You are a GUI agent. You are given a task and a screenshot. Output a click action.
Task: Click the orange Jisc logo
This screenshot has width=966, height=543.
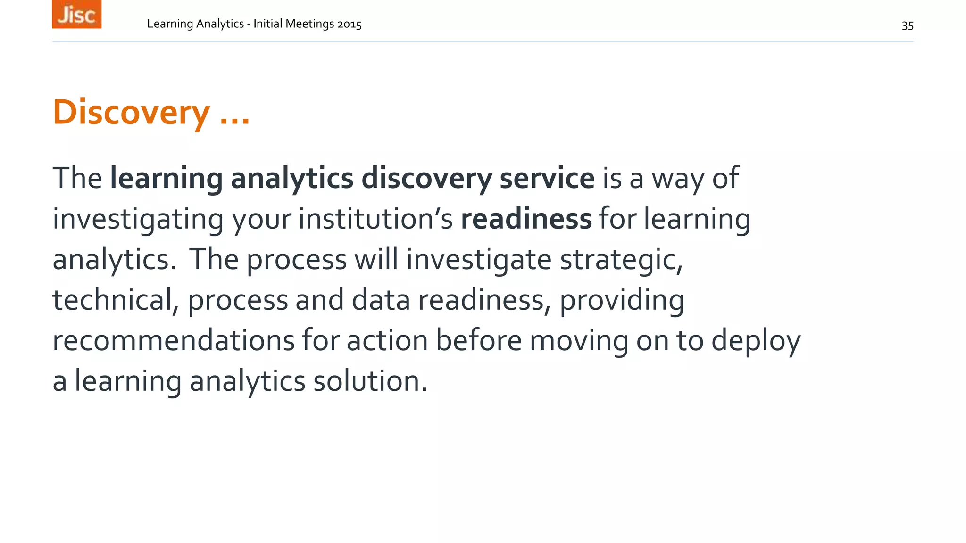(x=76, y=14)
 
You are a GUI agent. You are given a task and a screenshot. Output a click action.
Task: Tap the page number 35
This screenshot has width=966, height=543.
(x=908, y=26)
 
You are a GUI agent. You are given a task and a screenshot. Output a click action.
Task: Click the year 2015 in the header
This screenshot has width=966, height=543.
(x=349, y=24)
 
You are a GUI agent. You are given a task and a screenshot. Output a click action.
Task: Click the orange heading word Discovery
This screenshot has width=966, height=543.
(x=131, y=113)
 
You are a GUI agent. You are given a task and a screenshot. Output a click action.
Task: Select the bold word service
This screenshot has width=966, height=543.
(x=547, y=178)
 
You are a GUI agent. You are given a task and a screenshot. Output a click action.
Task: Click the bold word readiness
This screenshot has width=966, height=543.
(x=526, y=219)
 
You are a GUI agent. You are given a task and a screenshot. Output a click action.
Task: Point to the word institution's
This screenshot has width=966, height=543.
(x=375, y=219)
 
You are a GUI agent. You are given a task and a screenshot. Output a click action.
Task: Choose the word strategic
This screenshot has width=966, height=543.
(x=621, y=260)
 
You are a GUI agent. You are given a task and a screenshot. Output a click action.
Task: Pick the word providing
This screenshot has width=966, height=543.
(x=622, y=301)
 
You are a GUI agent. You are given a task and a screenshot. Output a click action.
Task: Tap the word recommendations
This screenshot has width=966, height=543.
(x=173, y=340)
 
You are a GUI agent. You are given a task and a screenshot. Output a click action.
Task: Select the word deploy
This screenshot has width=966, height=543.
(x=756, y=341)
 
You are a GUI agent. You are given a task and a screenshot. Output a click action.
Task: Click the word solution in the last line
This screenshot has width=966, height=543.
(x=370, y=381)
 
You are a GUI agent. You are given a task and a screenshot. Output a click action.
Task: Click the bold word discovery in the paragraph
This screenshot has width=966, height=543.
(x=426, y=179)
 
